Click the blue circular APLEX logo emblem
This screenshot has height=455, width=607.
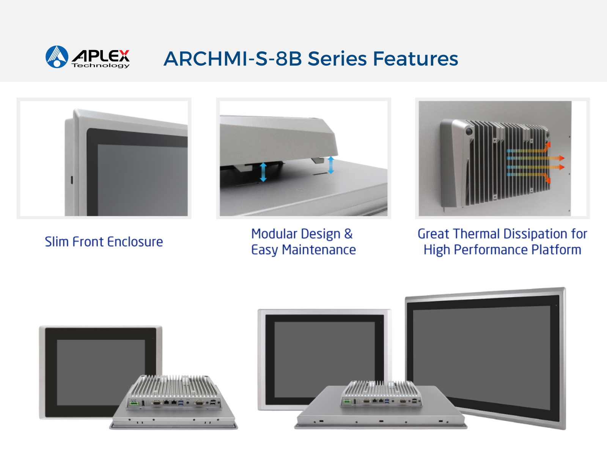pyautogui.click(x=57, y=56)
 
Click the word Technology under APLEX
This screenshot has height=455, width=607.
pyautogui.click(x=101, y=66)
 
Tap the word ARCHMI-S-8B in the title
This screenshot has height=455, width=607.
pyautogui.click(x=232, y=59)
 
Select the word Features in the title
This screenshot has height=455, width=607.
pyautogui.click(x=415, y=59)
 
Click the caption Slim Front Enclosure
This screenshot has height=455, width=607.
pyautogui.click(x=104, y=242)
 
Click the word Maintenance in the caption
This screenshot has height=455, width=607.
pyautogui.click(x=319, y=250)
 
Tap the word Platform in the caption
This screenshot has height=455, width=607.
pyautogui.click(x=556, y=250)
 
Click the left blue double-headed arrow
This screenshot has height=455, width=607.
pyautogui.click(x=263, y=172)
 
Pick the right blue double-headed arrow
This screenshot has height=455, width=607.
pyautogui.click(x=331, y=165)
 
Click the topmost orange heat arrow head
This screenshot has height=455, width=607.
pyautogui.click(x=548, y=145)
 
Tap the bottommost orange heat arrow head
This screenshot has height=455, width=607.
pyautogui.click(x=548, y=180)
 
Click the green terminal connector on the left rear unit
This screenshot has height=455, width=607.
pyautogui.click(x=134, y=403)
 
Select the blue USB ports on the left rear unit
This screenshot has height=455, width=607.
pyautogui.click(x=181, y=403)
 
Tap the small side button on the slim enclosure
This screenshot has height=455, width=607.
pyautogui.click(x=72, y=180)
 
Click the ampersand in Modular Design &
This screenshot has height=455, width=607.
pyautogui.click(x=348, y=234)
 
